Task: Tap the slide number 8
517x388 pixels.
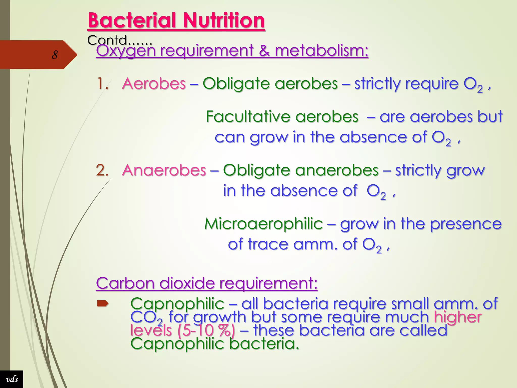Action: click(54, 55)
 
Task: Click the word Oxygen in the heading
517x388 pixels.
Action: click(125, 51)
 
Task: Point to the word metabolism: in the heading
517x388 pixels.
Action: click(322, 51)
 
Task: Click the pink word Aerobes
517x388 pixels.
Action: click(154, 84)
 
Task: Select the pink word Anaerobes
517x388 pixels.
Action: click(164, 170)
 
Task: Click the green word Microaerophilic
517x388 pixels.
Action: click(264, 224)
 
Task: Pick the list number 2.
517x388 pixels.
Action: click(102, 170)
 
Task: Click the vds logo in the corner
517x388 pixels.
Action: click(12, 379)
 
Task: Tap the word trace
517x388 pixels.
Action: click(268, 244)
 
